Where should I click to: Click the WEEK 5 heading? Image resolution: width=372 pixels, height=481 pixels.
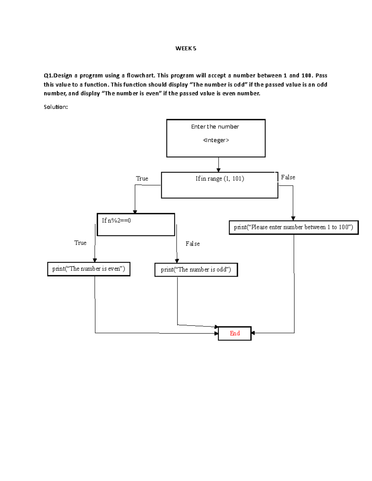click(x=186, y=48)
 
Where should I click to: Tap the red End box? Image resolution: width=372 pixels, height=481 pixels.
click(x=235, y=333)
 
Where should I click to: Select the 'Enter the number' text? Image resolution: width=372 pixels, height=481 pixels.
click(x=215, y=127)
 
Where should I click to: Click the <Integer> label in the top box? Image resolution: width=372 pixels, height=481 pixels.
click(x=216, y=140)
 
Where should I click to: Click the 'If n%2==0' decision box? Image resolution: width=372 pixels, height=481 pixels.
click(x=136, y=225)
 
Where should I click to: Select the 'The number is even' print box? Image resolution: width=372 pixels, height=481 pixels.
click(x=89, y=269)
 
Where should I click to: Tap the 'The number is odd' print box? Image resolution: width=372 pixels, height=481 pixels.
click(x=196, y=270)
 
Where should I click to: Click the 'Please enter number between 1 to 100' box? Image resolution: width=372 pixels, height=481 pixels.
click(x=294, y=227)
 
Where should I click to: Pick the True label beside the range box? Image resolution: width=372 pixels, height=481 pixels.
click(x=142, y=179)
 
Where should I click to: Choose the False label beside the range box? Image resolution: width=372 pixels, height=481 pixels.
click(x=288, y=177)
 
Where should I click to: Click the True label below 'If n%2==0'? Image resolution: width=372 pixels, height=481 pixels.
click(x=80, y=243)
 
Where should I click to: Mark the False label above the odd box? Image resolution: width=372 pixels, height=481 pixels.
click(x=193, y=244)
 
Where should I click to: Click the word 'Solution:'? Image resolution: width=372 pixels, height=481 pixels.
click(x=56, y=107)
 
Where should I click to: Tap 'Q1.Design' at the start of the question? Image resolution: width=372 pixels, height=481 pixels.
click(x=58, y=76)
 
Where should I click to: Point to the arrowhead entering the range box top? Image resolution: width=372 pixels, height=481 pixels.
click(x=219, y=170)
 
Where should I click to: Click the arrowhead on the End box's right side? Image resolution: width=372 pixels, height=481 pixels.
click(x=253, y=333)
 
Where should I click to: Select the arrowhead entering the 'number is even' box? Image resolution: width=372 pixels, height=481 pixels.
click(x=95, y=260)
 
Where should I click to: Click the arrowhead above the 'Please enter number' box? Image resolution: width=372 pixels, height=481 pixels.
click(x=293, y=218)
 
